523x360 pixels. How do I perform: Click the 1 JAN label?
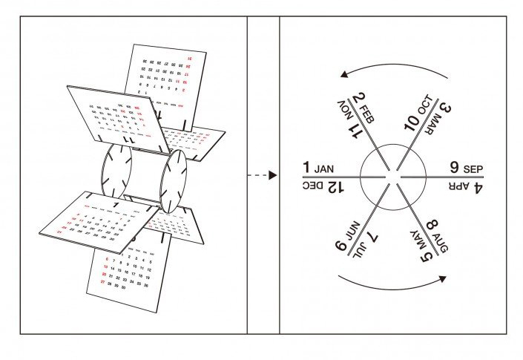(x=320, y=167)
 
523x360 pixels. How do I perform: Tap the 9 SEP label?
(x=466, y=168)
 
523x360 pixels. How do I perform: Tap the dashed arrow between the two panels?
(x=263, y=175)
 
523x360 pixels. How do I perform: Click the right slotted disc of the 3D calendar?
(x=175, y=182)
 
